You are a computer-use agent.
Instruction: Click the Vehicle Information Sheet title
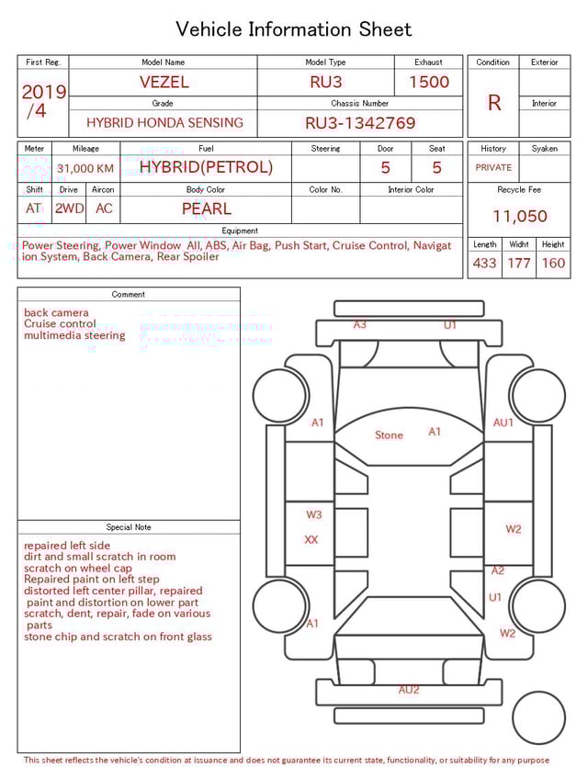point(294,29)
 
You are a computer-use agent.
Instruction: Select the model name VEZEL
point(164,82)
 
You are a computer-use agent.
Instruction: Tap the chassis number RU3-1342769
point(360,122)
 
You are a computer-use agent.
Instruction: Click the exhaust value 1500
point(429,82)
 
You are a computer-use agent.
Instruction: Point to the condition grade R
point(494,103)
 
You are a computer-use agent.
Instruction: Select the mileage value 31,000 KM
point(85,168)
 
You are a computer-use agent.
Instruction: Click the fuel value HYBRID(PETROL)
point(206,167)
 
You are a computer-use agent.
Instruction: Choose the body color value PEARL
point(206,209)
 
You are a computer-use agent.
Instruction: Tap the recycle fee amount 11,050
point(519,217)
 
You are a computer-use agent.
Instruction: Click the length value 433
point(484,264)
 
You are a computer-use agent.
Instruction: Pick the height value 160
point(553,264)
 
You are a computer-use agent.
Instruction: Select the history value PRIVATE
point(493,168)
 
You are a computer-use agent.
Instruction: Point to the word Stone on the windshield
point(389,435)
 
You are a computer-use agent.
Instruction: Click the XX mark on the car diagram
point(311,540)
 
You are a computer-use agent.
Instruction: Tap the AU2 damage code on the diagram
point(409,690)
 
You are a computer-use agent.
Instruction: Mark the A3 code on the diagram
point(360,325)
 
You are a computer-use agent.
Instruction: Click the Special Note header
point(129,527)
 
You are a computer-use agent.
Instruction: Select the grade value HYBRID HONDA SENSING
point(164,122)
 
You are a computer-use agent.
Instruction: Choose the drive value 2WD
point(69,209)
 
